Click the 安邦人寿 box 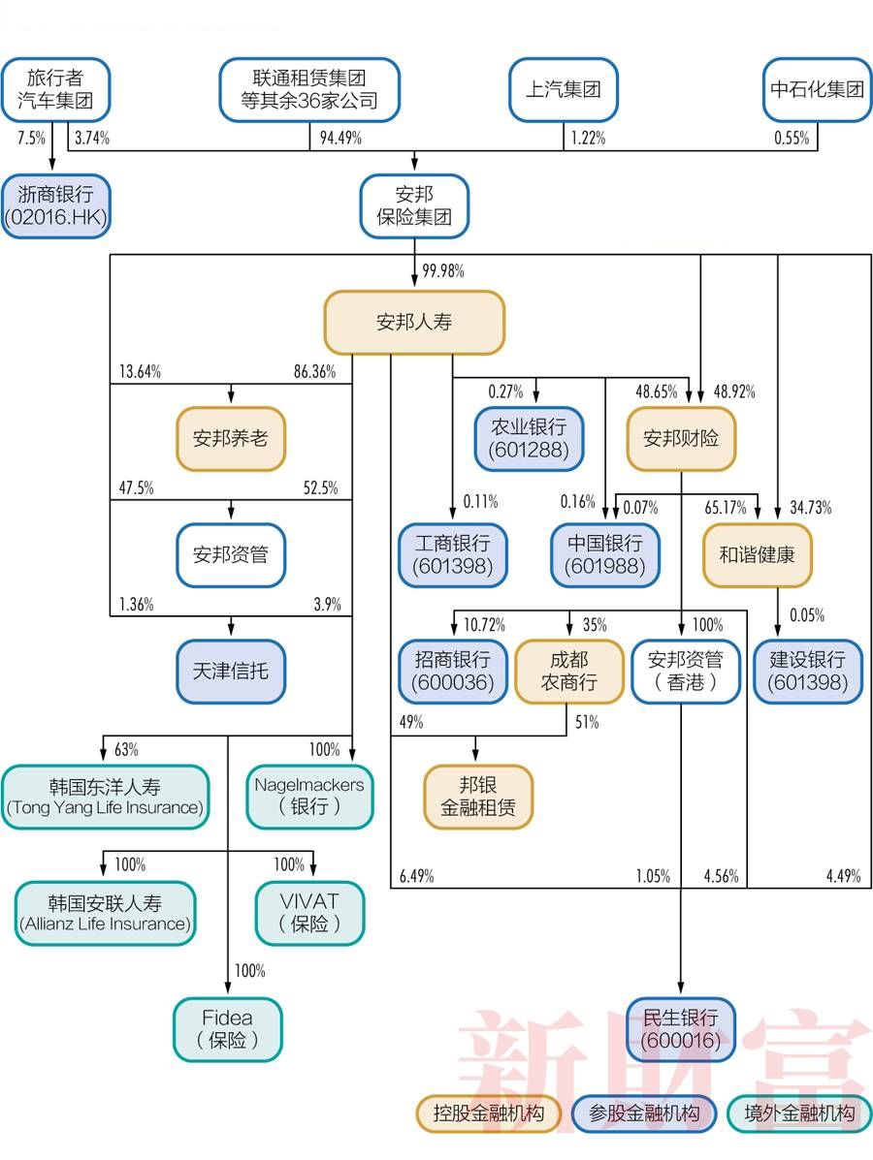414,322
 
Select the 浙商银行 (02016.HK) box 55,205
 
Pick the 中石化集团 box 817,90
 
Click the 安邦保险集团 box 414,205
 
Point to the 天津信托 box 231,671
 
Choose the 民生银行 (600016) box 681,1029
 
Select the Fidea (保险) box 227,1029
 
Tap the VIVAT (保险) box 309,912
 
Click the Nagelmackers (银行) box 309,796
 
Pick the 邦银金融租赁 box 478,796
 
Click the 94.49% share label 340,138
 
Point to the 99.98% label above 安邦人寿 442,271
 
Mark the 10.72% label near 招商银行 484,624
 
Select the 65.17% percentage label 725,507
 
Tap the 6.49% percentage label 416,876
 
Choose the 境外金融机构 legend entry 798,1113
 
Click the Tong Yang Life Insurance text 105,807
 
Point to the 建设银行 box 807,671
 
